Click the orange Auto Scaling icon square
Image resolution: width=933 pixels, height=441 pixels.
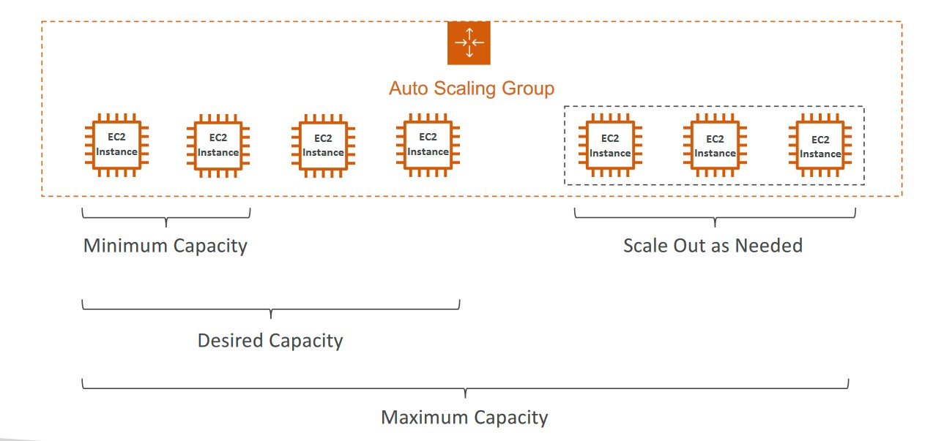point(469,43)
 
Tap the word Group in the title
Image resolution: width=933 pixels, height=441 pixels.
point(528,89)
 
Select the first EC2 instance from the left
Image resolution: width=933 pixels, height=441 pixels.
point(116,145)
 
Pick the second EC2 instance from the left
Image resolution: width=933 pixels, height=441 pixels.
point(218,146)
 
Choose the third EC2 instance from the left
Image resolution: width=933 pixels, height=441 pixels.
point(323,146)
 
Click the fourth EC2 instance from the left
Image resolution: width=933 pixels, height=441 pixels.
point(428,145)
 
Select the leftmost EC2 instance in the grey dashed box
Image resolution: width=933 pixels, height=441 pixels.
point(610,146)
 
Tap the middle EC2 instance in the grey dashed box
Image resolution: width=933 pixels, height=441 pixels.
point(715,146)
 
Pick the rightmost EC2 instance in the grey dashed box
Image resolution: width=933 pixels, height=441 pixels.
point(820,146)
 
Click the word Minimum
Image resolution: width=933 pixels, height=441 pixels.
point(125,246)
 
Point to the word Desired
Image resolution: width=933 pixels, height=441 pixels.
point(231,340)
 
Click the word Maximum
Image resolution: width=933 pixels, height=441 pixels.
point(425,418)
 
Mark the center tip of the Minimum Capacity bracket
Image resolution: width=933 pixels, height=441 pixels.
point(166,227)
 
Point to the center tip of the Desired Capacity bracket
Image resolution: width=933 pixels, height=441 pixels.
point(271,318)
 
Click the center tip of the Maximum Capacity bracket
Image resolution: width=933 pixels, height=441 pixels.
point(465,398)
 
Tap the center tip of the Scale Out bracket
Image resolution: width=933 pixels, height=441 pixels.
point(715,227)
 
